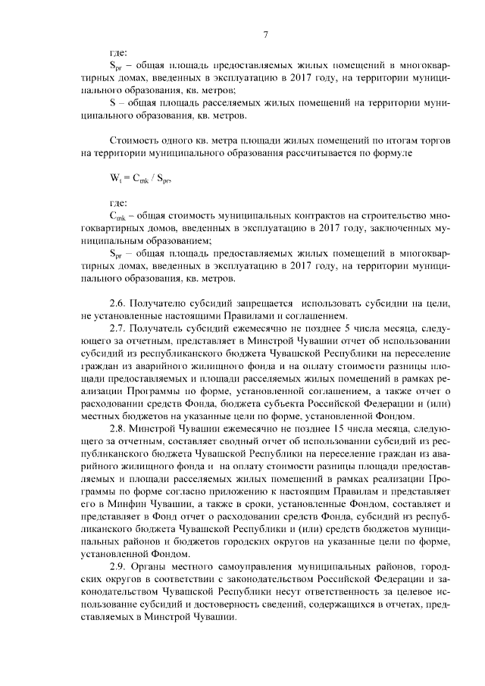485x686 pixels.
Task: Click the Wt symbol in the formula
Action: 116,180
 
